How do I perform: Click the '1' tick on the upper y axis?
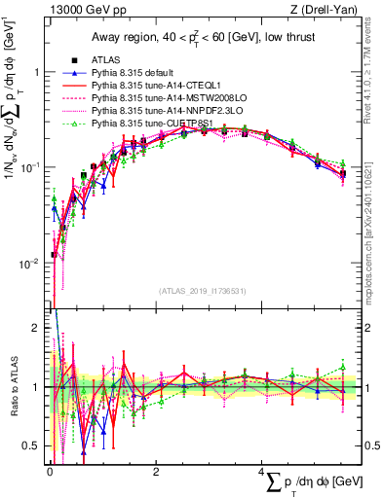[x=36, y=72]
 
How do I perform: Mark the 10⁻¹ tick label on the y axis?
[x=31, y=167]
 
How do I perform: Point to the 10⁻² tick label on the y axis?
[x=31, y=263]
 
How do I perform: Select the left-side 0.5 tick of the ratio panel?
[x=32, y=445]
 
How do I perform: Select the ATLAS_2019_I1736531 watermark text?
[x=203, y=291]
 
